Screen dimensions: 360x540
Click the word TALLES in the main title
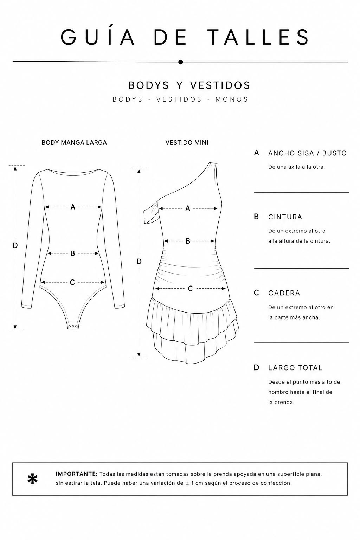coord(258,37)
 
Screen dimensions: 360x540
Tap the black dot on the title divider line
coord(180,62)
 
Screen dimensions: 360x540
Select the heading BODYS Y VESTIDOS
coord(189,85)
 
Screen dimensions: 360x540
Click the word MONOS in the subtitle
coord(232,99)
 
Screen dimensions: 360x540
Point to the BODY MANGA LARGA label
coord(74,143)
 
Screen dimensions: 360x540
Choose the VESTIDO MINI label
coord(187,143)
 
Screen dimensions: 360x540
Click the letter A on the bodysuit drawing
coord(73,207)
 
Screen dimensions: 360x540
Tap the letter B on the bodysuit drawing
coord(72,253)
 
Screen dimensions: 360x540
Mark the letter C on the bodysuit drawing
coord(72,282)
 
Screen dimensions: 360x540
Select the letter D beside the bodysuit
coord(15,245)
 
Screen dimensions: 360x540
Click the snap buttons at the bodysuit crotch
coord(73,326)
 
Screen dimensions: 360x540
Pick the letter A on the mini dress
coord(188,208)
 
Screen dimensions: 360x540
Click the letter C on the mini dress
coord(191,289)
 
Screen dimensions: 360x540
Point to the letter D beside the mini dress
coord(139,262)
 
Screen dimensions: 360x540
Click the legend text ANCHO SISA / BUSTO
coord(307,153)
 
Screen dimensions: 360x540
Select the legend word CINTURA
coord(285,217)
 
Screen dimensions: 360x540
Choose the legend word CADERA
coord(284,293)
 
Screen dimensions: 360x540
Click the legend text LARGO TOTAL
coord(295,368)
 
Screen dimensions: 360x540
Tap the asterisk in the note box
coord(33,479)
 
